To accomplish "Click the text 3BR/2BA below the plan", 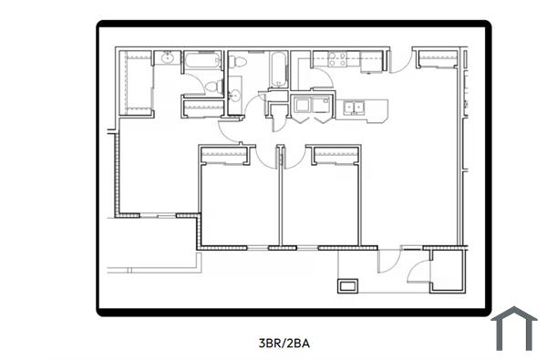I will pyautogui.click(x=285, y=344).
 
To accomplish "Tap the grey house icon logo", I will pyautogui.click(x=514, y=329).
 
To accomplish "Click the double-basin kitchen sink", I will pyautogui.click(x=353, y=108).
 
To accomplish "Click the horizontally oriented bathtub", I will pyautogui.click(x=202, y=62).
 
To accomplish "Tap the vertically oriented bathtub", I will pyautogui.click(x=275, y=68).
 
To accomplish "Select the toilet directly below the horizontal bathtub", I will pyautogui.click(x=211, y=87).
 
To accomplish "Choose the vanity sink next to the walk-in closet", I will pyautogui.click(x=167, y=60).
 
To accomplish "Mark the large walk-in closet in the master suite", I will pyautogui.click(x=136, y=82).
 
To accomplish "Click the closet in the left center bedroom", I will pyautogui.click(x=223, y=156).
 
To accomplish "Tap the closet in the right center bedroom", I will pyautogui.click(x=335, y=156).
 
